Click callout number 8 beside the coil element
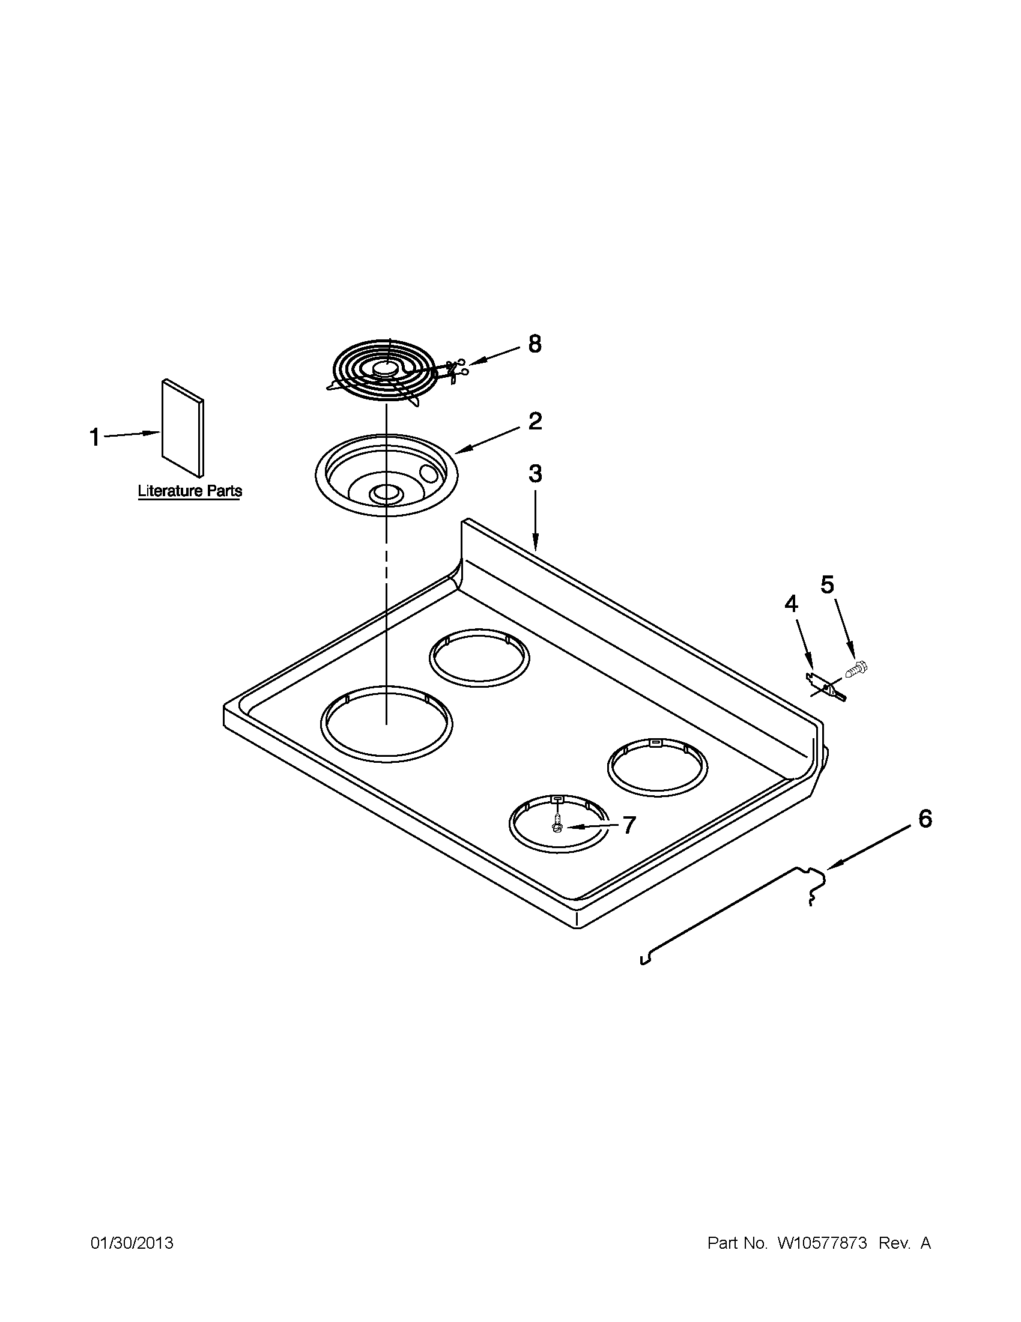click(x=535, y=344)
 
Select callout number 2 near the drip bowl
click(x=535, y=421)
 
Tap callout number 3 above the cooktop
click(x=535, y=474)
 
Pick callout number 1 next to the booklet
click(x=95, y=437)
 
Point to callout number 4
click(x=791, y=604)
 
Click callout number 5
click(x=828, y=585)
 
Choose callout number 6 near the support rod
click(x=925, y=820)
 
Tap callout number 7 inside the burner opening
click(x=629, y=825)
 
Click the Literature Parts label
click(x=189, y=491)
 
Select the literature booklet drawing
click(x=182, y=427)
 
